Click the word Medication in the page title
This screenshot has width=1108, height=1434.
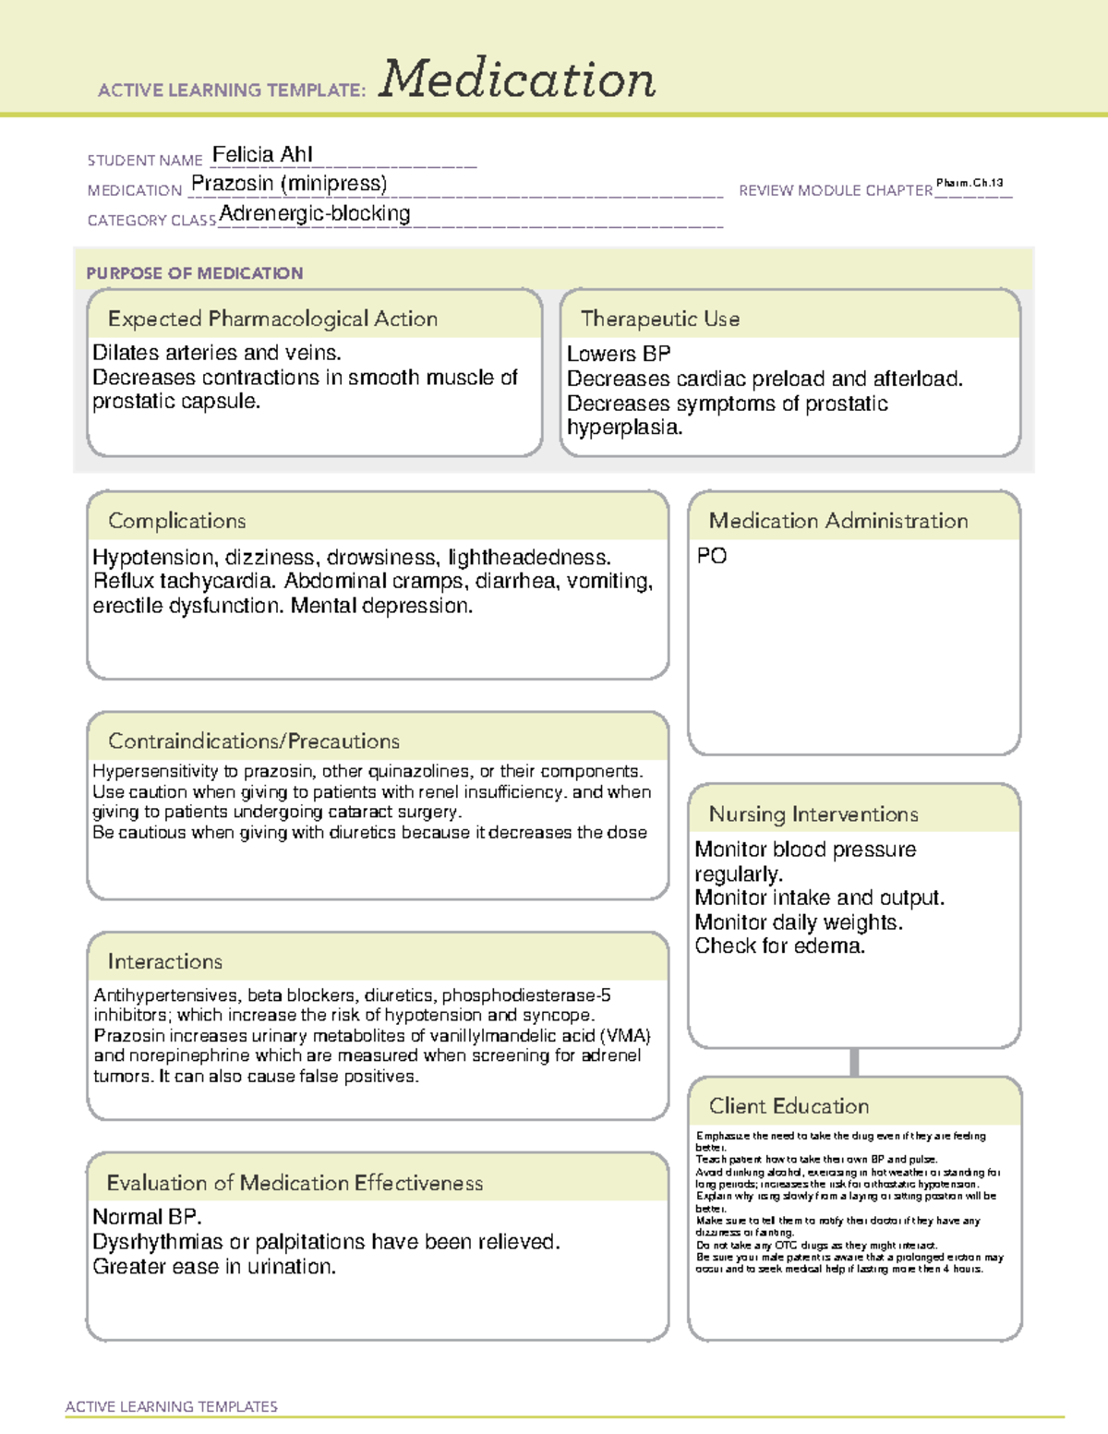517,79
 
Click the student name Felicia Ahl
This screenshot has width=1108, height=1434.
262,154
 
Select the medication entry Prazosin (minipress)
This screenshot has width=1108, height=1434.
289,184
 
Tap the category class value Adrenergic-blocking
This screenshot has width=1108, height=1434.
315,213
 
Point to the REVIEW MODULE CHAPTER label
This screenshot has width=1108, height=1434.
835,190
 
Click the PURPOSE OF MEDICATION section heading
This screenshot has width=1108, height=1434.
194,273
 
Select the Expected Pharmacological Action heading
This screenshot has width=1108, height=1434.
272,319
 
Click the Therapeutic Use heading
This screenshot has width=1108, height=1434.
659,319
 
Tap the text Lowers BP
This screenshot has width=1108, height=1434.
619,354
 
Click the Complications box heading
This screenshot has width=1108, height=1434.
176,521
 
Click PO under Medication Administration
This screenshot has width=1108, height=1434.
711,556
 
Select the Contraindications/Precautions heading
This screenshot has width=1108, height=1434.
253,741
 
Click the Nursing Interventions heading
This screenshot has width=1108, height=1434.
813,814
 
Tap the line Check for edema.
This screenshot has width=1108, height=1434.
779,946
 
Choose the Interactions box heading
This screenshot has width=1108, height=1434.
164,962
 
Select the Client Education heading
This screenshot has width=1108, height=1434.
789,1106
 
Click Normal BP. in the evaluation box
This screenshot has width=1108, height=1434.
147,1217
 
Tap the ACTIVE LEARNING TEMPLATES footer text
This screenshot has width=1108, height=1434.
171,1406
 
